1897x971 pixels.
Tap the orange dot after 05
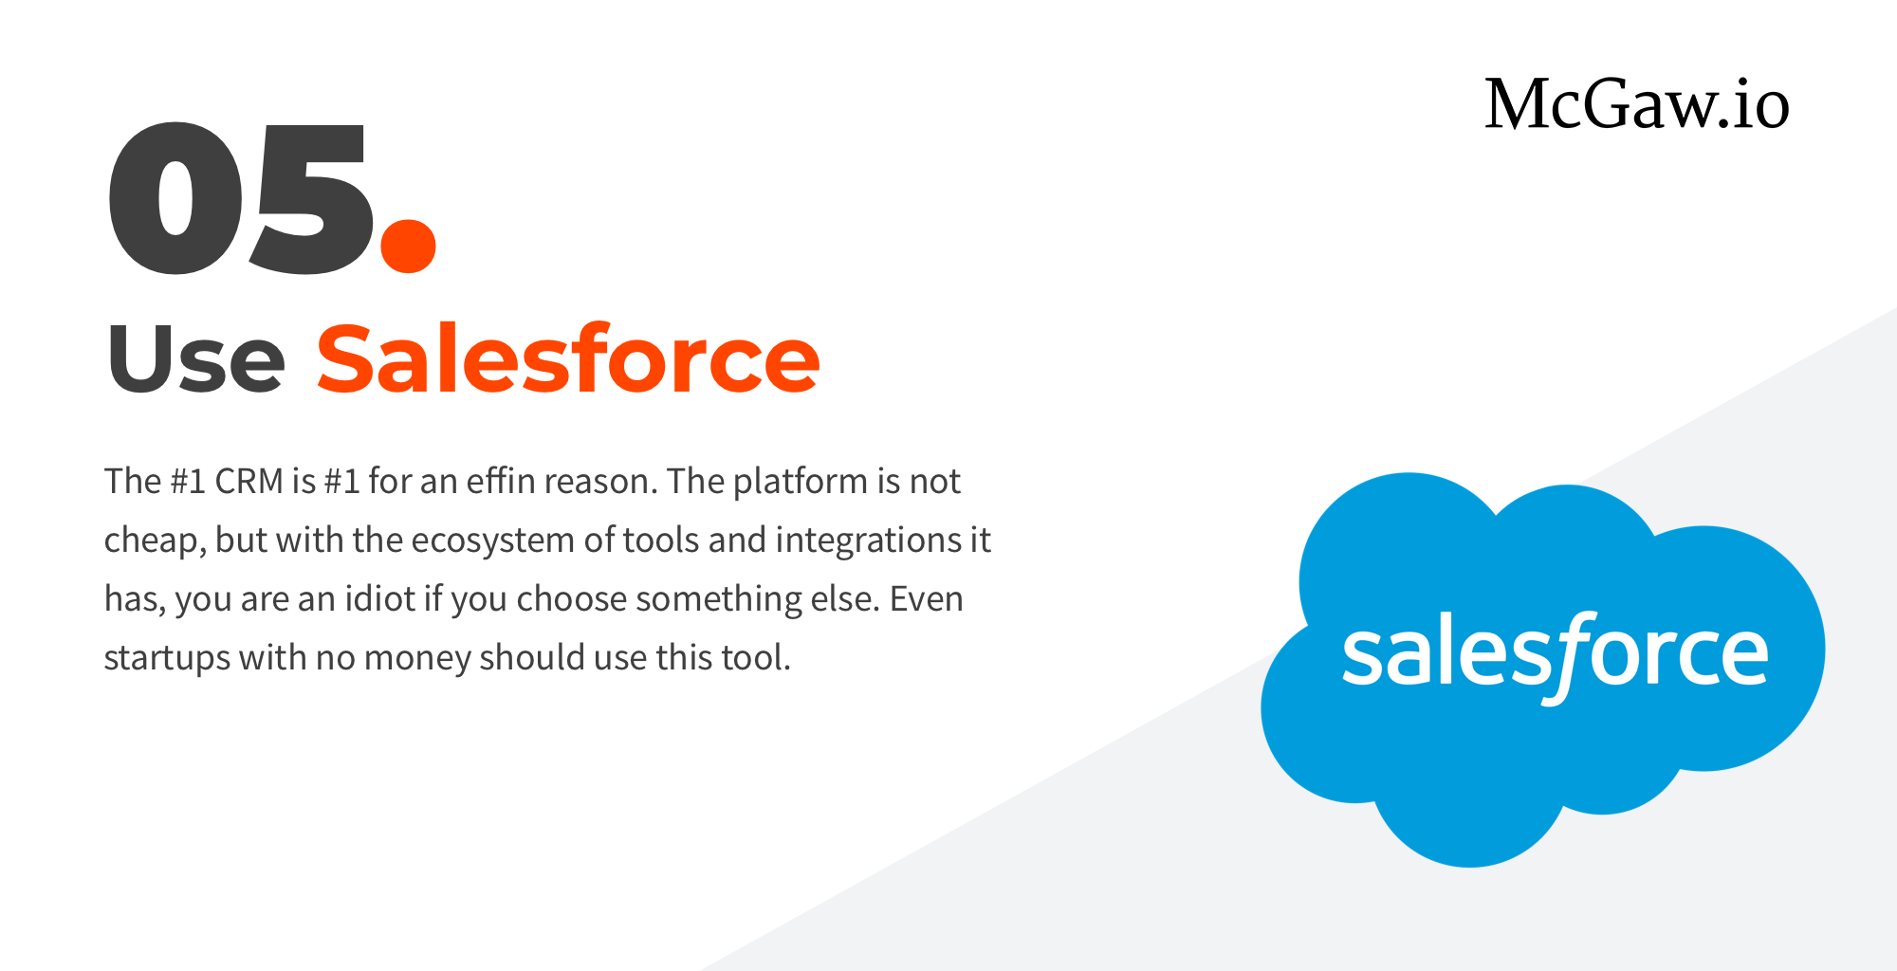point(408,245)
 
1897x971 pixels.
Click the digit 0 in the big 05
point(175,199)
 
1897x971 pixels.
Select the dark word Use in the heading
point(196,359)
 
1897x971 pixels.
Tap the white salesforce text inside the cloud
point(1556,654)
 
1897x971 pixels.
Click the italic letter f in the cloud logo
point(1570,656)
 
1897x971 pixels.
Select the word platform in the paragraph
point(801,483)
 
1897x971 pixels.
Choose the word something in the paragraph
point(718,600)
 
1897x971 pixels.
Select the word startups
point(167,659)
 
